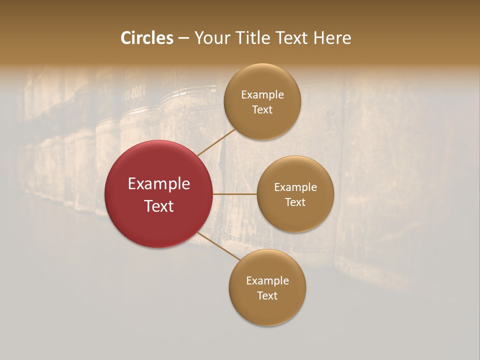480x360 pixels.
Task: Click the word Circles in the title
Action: point(147,38)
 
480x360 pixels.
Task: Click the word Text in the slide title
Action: point(291,38)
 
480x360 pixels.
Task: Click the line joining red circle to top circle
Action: point(216,142)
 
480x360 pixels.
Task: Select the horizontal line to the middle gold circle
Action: point(234,194)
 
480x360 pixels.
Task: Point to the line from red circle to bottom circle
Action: point(219,246)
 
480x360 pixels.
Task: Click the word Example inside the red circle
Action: point(159,184)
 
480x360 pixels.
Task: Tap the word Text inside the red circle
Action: point(159,206)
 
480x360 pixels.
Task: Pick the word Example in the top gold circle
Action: point(262,95)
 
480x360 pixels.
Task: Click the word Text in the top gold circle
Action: point(262,109)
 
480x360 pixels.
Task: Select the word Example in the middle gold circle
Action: point(295,187)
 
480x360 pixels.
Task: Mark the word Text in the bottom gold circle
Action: point(267,295)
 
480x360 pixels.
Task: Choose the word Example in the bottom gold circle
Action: point(267,281)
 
